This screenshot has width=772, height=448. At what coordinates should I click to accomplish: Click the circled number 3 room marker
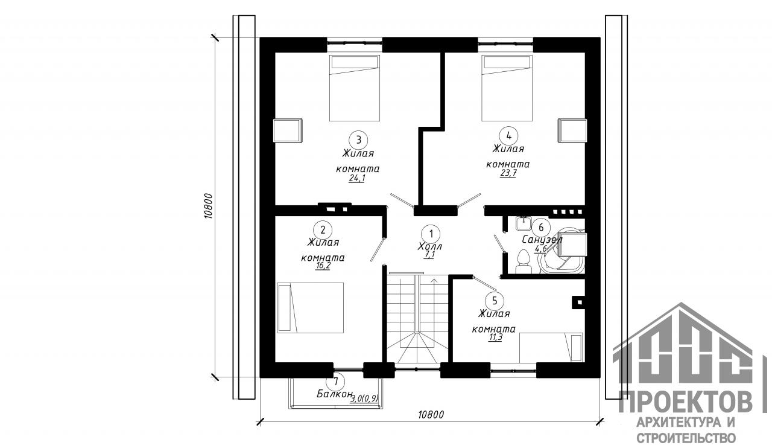[x=358, y=140]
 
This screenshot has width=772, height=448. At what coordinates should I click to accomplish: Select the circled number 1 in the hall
[x=431, y=234]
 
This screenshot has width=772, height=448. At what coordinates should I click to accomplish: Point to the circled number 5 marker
[x=495, y=301]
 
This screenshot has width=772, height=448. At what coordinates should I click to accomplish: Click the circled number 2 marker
[x=323, y=230]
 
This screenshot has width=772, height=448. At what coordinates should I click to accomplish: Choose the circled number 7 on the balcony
[x=336, y=382]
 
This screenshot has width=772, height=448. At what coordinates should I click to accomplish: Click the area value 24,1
[x=356, y=179]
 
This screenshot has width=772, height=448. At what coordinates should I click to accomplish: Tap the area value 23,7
[x=508, y=173]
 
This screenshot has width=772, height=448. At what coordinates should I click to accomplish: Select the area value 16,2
[x=323, y=266]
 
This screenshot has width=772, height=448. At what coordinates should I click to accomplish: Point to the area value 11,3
[x=495, y=338]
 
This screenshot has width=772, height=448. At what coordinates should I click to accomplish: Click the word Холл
[x=429, y=246]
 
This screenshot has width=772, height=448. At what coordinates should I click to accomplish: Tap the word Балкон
[x=335, y=394]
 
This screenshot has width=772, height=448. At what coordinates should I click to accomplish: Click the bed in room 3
[x=355, y=88]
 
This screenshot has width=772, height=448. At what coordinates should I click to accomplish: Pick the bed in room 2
[x=311, y=308]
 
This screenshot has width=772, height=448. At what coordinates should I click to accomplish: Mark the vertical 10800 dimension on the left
[x=209, y=206]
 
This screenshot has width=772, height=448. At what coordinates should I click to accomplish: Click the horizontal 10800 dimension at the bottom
[x=431, y=415]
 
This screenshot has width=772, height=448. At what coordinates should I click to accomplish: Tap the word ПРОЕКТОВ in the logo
[x=686, y=402]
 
